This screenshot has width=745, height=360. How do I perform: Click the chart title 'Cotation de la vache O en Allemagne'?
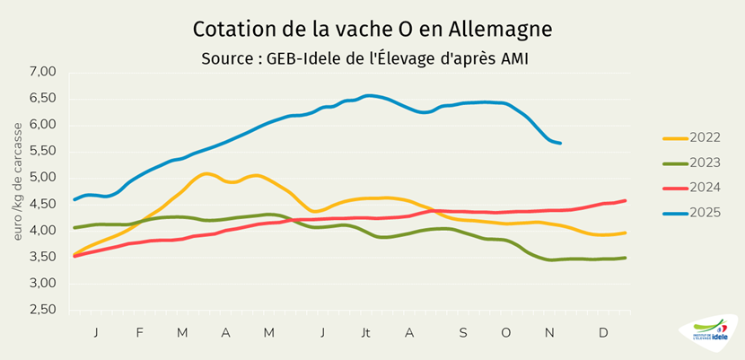(372, 29)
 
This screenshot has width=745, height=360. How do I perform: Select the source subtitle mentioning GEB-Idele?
(372, 57)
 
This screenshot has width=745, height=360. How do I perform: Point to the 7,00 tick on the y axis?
(43, 71)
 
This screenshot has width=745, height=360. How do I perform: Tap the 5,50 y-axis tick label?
(43, 151)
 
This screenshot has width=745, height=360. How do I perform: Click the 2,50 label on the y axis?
(43, 310)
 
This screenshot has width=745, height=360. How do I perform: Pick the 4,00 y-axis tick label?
(43, 230)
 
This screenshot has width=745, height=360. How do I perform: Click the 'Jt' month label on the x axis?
(366, 333)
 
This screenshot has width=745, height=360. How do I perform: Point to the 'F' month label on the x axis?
(140, 333)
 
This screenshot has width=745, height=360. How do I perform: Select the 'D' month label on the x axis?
(603, 333)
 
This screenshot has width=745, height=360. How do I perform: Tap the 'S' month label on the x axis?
(463, 333)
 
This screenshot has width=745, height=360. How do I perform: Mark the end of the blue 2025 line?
(560, 143)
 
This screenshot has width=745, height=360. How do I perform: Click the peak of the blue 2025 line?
(368, 95)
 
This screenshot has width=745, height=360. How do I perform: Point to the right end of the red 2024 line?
(625, 200)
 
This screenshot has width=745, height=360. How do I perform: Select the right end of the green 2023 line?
(625, 258)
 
